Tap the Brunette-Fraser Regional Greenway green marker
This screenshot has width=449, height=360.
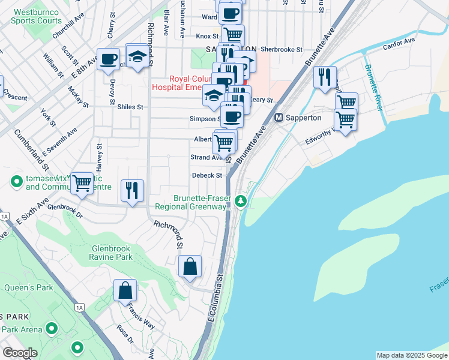(x=241, y=200)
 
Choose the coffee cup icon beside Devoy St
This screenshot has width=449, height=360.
(x=108, y=59)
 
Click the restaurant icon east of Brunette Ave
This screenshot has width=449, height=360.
(x=324, y=77)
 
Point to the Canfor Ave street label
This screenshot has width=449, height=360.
(x=401, y=41)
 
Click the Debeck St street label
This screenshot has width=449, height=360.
(x=207, y=176)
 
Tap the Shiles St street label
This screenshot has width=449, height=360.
(x=130, y=107)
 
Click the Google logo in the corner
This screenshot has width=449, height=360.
(x=20, y=353)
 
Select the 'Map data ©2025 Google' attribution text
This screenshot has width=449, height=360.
(x=411, y=355)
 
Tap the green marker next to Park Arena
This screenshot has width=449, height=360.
(x=52, y=328)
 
